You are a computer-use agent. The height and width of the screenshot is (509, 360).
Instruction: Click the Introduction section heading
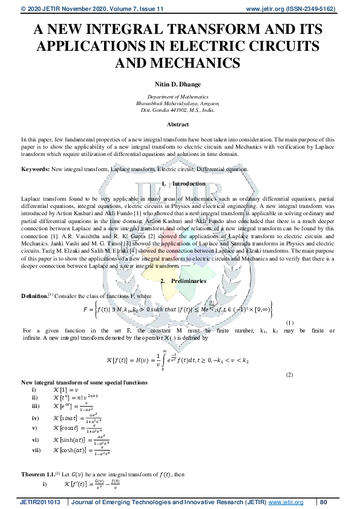(189, 184)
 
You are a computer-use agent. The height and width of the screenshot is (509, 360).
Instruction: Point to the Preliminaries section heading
(189, 281)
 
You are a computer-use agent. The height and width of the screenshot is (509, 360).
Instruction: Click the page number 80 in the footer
(323, 501)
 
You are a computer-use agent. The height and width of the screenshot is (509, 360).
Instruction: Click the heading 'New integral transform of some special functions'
(84, 383)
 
